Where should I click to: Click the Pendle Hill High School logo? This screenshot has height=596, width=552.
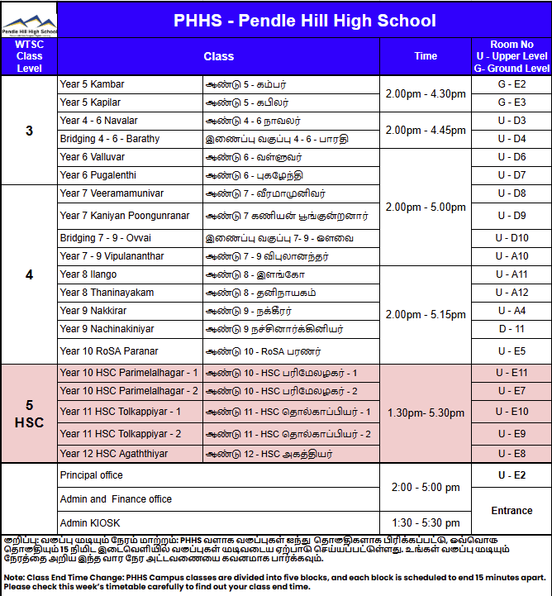[x=29, y=20]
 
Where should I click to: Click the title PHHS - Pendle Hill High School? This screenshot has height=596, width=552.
[x=304, y=21]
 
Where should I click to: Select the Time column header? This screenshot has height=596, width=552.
[x=426, y=56]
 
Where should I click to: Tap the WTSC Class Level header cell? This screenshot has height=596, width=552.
[x=29, y=56]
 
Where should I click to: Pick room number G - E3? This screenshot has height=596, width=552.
[x=512, y=103]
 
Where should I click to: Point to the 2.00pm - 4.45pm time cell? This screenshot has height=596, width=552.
[x=426, y=130]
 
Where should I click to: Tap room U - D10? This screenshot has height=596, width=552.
[x=512, y=238]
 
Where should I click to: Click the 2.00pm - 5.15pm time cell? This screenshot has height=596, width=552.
[x=426, y=315]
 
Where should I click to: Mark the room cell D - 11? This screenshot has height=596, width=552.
[x=512, y=329]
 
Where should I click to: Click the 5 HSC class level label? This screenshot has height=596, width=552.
[x=29, y=413]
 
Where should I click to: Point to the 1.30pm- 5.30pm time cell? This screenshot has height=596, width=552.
[x=426, y=412]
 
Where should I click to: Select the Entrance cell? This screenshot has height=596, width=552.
[x=512, y=511]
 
